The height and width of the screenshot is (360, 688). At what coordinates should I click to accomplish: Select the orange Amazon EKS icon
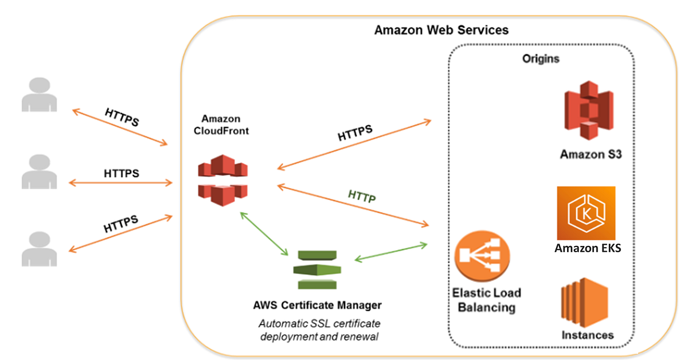pyautogui.click(x=586, y=213)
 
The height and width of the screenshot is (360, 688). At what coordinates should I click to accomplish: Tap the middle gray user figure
pyautogui.click(x=39, y=171)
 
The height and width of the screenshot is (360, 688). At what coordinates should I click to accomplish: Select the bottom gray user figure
pyautogui.click(x=39, y=249)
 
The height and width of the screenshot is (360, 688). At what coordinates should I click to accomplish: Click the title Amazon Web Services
pyautogui.click(x=441, y=30)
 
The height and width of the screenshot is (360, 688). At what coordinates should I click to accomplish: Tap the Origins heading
pyautogui.click(x=540, y=58)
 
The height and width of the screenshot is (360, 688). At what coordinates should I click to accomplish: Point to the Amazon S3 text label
pyautogui.click(x=591, y=154)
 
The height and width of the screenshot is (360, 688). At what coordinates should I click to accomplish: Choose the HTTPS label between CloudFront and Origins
pyautogui.click(x=355, y=133)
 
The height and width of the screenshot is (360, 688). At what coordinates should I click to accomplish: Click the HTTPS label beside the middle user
pyautogui.click(x=121, y=173)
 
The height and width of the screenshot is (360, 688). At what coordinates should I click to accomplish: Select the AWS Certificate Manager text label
pyautogui.click(x=317, y=304)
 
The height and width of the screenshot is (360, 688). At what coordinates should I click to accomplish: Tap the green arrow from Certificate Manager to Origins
pyautogui.click(x=391, y=252)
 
